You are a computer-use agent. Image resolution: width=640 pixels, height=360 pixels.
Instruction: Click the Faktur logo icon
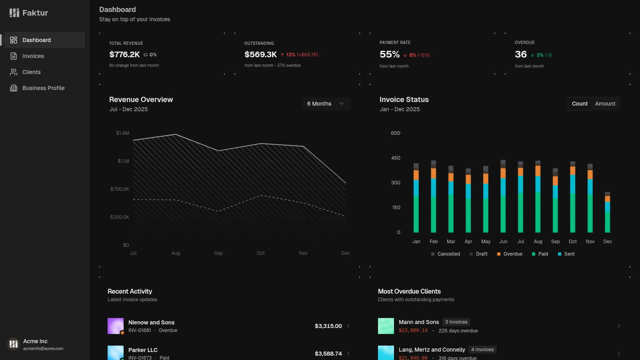click(14, 13)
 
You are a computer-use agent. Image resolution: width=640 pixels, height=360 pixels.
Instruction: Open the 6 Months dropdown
click(326, 104)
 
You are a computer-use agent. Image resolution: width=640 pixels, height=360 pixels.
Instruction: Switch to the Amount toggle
click(605, 104)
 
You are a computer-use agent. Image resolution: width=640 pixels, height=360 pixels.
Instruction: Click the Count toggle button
click(580, 104)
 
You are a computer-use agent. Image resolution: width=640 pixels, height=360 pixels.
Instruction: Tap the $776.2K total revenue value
click(124, 54)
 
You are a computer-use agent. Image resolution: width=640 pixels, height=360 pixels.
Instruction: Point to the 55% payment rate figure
click(390, 54)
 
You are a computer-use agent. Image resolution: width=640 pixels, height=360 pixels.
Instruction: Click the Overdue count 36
click(520, 54)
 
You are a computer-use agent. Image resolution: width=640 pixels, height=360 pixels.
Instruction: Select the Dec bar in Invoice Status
click(608, 212)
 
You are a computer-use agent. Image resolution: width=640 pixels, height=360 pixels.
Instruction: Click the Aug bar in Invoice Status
click(538, 196)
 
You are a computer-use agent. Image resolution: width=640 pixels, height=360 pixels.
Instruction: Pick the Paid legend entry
click(540, 254)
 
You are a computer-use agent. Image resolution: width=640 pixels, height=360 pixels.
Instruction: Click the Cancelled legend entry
click(446, 254)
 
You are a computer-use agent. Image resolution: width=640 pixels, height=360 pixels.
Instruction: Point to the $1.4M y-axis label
click(122, 133)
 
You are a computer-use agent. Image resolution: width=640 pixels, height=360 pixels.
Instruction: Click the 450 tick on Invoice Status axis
click(396, 158)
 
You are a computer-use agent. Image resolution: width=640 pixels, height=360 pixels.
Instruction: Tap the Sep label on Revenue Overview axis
click(218, 253)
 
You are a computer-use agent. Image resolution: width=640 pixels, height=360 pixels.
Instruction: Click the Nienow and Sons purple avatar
click(116, 326)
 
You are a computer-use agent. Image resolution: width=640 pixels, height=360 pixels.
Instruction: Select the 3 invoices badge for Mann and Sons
click(456, 322)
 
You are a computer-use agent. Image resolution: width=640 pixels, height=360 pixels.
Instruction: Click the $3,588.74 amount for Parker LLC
click(328, 354)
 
